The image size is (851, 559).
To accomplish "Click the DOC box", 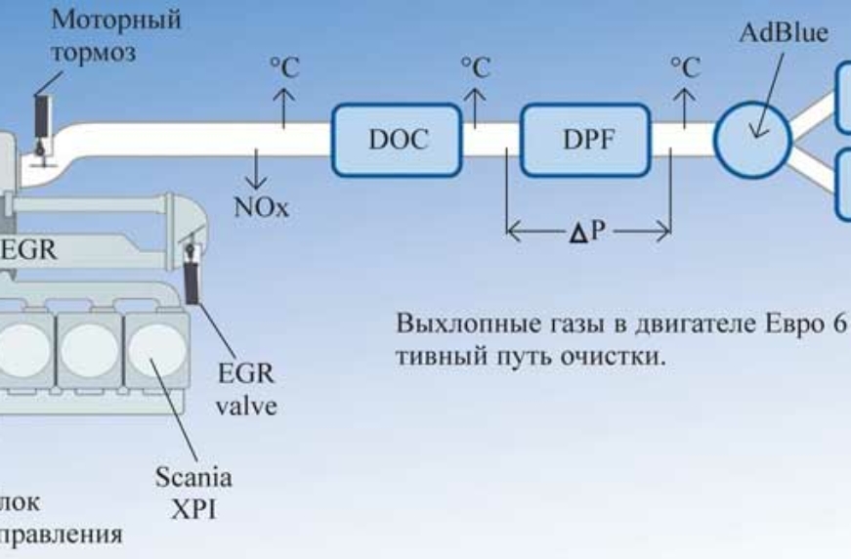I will [x=398, y=141].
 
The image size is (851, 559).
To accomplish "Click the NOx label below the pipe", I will [x=257, y=207].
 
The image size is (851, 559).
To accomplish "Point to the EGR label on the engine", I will [x=27, y=250].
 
